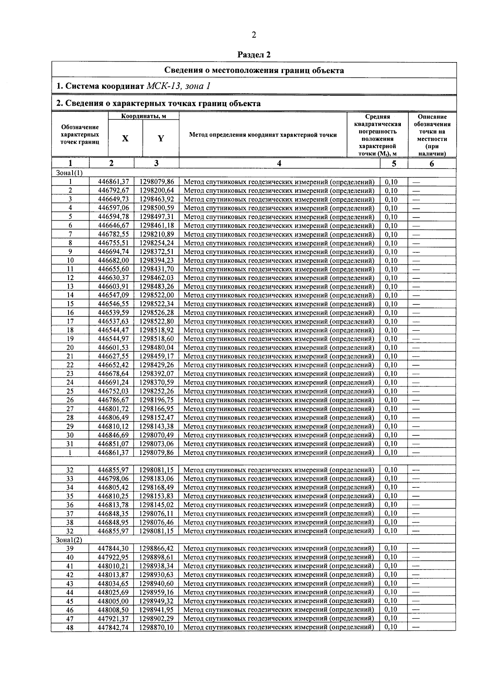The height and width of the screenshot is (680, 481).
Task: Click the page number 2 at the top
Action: click(x=254, y=35)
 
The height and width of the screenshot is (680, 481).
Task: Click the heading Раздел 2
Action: click(x=254, y=54)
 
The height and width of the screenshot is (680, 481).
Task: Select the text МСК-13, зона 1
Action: click(x=179, y=86)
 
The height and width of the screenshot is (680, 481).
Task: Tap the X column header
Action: click(x=125, y=139)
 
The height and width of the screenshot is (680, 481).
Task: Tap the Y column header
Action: click(x=161, y=139)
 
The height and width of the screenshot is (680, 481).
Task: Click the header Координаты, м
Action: click(x=143, y=116)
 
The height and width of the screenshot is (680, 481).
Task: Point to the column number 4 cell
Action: click(x=279, y=163)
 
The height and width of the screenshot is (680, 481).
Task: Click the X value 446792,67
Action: click(x=113, y=191)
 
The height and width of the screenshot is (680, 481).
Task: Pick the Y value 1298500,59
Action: click(x=157, y=208)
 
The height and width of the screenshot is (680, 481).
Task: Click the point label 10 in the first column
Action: click(x=70, y=260)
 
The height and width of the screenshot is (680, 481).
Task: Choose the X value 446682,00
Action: click(x=113, y=260)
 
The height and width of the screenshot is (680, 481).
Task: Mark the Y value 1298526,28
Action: click(x=157, y=313)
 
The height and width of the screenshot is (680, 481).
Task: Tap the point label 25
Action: click(x=70, y=391)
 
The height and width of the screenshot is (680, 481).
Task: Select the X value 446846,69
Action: click(x=113, y=435)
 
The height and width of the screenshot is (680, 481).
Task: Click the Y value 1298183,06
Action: click(x=157, y=479)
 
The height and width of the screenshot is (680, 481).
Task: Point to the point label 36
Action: click(x=70, y=505)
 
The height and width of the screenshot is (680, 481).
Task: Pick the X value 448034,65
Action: click(x=113, y=583)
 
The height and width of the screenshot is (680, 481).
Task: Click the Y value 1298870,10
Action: click(x=157, y=627)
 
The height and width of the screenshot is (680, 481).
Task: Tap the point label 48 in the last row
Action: click(x=70, y=627)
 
